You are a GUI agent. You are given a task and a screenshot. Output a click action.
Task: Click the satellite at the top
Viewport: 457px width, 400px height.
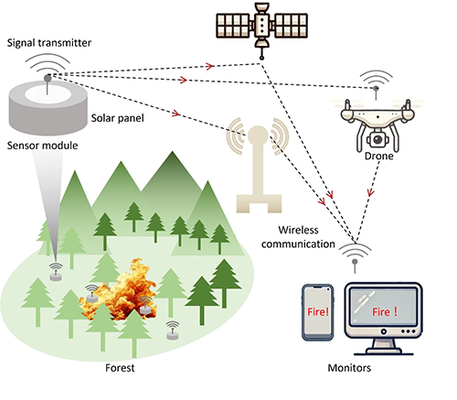[x=261, y=26]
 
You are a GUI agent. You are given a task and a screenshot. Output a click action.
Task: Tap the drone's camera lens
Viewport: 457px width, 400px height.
[x=377, y=140]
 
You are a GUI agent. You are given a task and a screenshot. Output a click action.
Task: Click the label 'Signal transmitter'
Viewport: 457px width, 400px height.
[x=49, y=43]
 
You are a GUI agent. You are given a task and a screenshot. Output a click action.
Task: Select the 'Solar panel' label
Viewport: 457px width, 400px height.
[x=118, y=118]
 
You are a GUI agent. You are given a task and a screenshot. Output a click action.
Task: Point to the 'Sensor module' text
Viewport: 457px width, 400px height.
[x=42, y=146]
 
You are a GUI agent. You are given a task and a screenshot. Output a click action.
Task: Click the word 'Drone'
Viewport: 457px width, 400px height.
[x=378, y=156]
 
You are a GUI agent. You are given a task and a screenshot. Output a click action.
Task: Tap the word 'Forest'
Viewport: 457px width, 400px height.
[x=120, y=368]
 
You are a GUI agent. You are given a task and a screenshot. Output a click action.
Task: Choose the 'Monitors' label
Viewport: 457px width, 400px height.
[x=349, y=368]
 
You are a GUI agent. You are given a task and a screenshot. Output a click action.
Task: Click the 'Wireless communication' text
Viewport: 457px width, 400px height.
[x=298, y=237]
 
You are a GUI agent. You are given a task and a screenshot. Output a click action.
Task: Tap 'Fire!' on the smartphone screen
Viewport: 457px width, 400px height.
[x=318, y=311]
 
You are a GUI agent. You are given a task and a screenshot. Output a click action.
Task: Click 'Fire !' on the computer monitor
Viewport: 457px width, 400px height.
[x=385, y=311]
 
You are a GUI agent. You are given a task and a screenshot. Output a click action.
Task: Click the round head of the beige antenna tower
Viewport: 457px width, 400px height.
[x=258, y=135]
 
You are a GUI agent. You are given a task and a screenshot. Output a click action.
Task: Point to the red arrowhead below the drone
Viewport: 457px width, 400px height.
[x=370, y=193]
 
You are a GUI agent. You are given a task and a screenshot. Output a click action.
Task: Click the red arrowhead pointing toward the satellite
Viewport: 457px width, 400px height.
[x=209, y=66]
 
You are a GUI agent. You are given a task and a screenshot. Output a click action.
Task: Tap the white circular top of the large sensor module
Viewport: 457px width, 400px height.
[x=48, y=94]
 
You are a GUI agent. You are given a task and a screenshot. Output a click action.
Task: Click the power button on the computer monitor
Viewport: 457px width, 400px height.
[x=384, y=331]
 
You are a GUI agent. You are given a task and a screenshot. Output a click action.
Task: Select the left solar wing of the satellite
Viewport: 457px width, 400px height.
[x=233, y=26]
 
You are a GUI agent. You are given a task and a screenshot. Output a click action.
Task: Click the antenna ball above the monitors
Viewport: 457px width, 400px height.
[x=355, y=262]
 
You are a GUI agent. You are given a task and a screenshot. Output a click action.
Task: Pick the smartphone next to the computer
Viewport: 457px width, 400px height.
[x=318, y=312]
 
